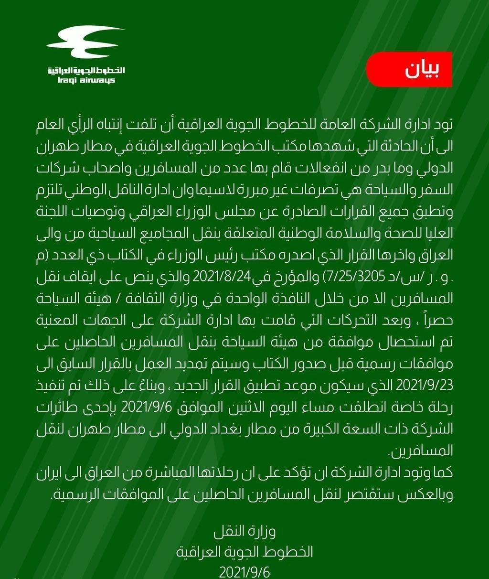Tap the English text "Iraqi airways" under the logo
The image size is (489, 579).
tap(85, 80)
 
